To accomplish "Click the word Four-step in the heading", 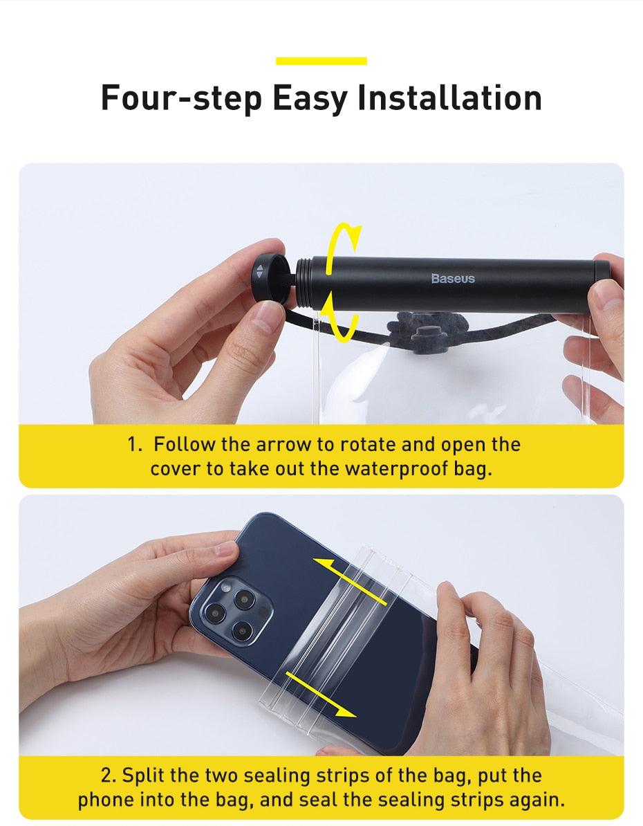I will pyautogui.click(x=181, y=98).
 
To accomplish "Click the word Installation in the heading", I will pyautogui.click(x=449, y=98).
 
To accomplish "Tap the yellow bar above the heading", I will pyautogui.click(x=321, y=61).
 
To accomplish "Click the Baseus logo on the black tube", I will pyautogui.click(x=453, y=278).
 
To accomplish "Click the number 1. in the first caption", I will pyautogui.click(x=136, y=444).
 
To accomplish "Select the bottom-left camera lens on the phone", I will pyautogui.click(x=215, y=612).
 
